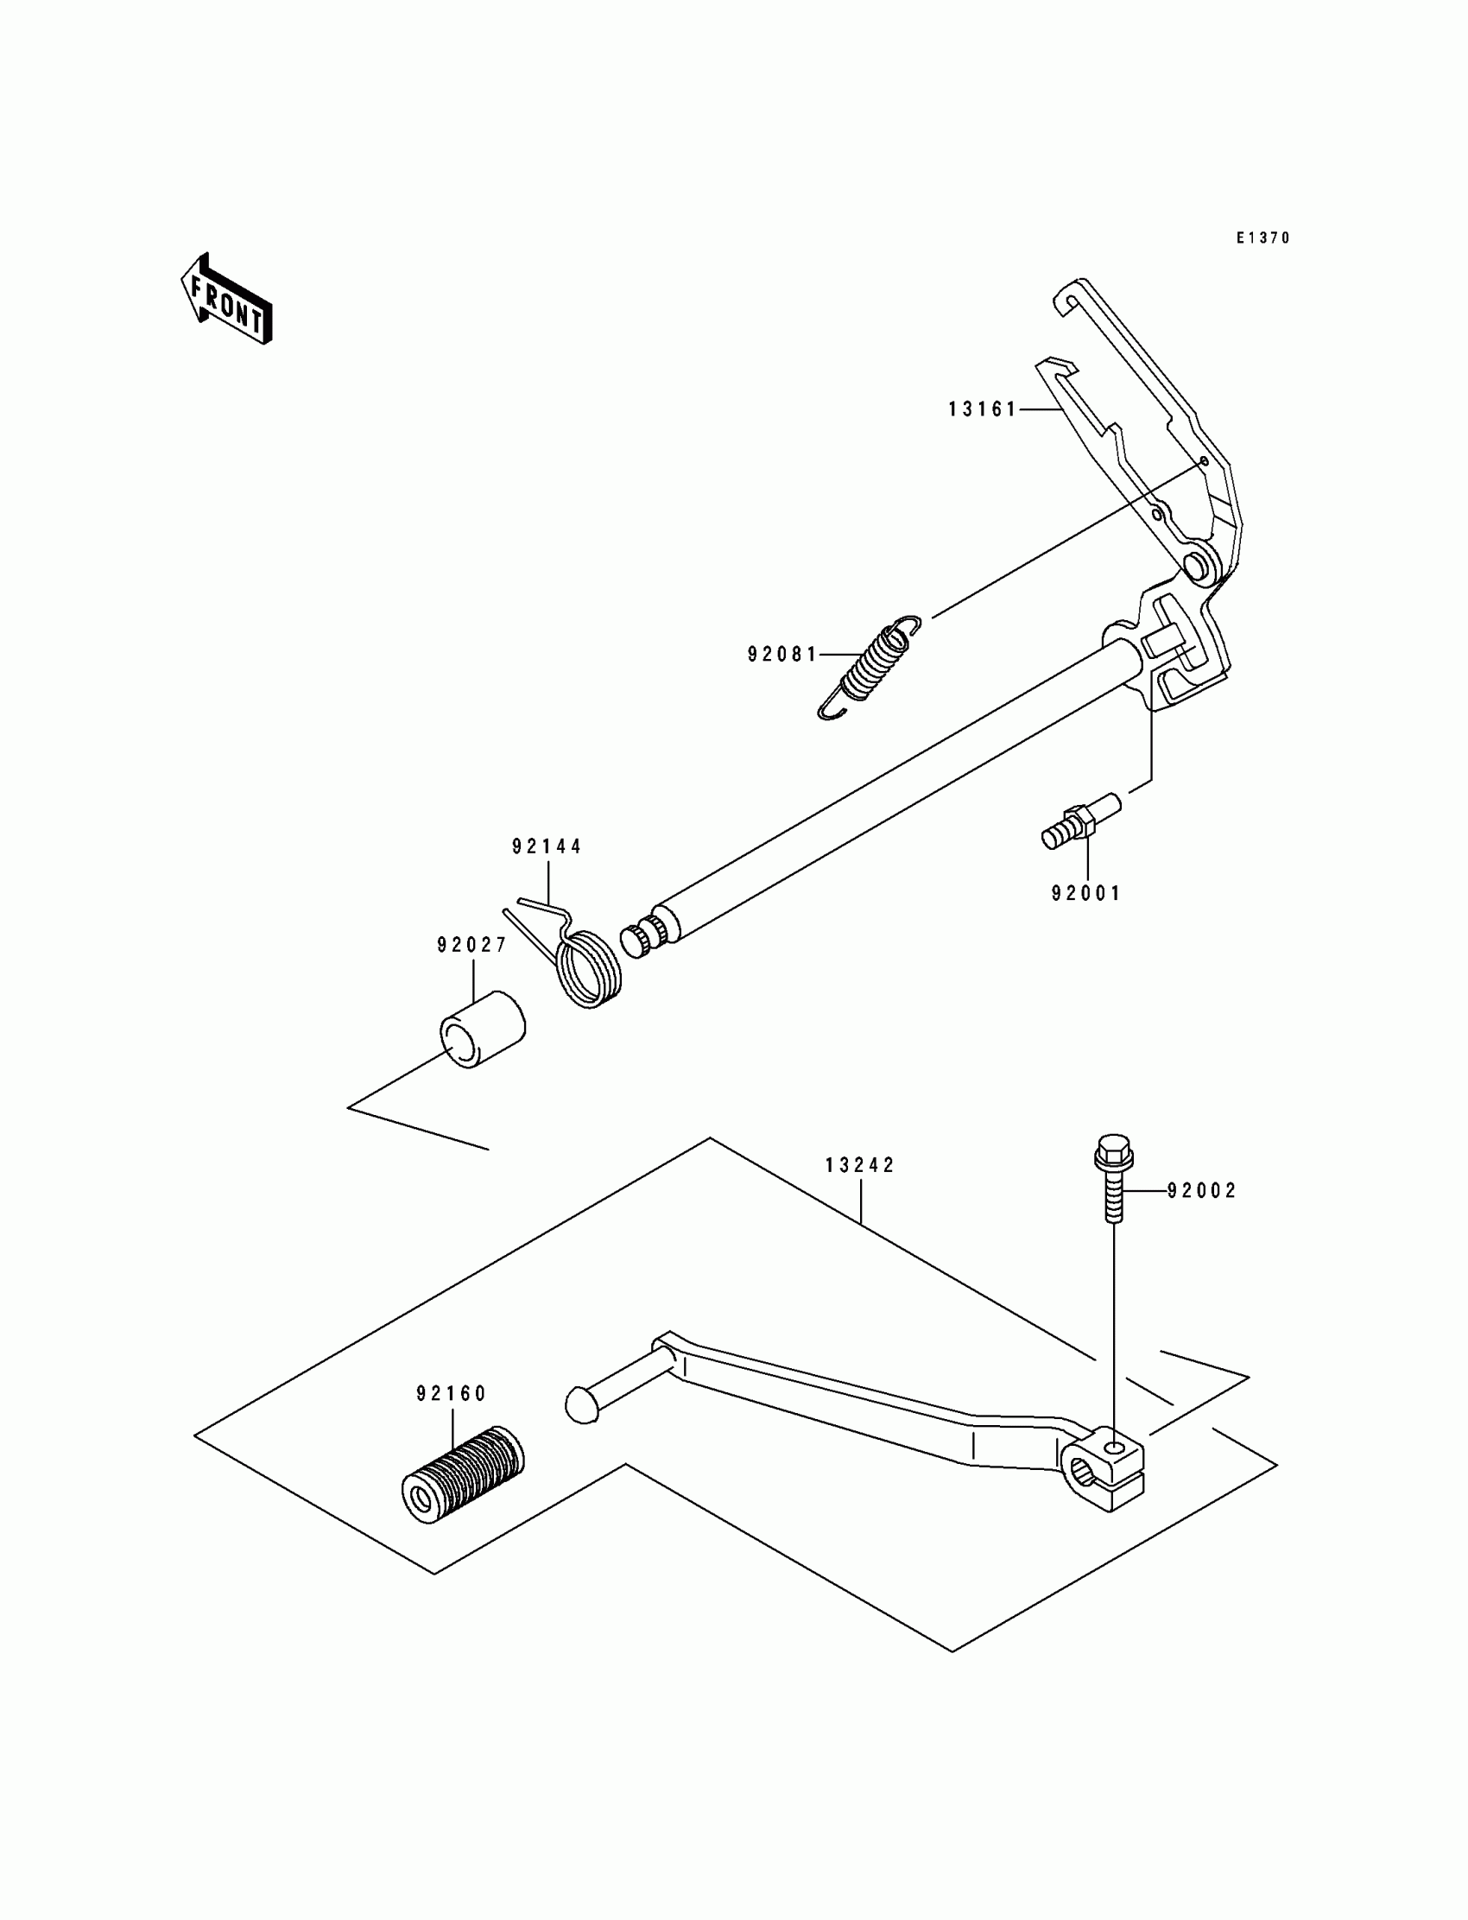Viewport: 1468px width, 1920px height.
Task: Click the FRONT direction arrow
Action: [x=226, y=299]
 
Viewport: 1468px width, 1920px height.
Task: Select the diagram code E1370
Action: [x=1262, y=238]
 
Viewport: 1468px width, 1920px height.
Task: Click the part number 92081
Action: [x=782, y=654]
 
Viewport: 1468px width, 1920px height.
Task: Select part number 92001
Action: [x=1086, y=893]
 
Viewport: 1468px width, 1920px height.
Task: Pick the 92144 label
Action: [x=547, y=846]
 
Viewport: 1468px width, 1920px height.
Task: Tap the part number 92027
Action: [x=472, y=945]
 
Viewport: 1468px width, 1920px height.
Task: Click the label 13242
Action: [x=861, y=1165]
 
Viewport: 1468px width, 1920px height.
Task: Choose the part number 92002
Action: [x=1202, y=1190]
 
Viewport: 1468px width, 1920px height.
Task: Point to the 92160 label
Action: [x=452, y=1394]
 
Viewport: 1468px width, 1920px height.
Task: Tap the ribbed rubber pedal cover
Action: [x=462, y=1475]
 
